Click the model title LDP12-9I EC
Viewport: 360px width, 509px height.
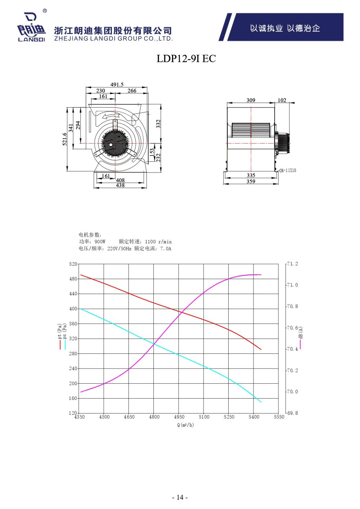[x=186, y=59]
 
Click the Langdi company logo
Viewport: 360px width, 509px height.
[x=32, y=26]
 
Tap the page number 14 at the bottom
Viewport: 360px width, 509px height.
[x=180, y=497]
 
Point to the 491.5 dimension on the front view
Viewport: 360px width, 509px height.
[x=117, y=85]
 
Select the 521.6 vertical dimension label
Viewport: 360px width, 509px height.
[x=65, y=139]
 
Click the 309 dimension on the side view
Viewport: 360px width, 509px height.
[x=251, y=100]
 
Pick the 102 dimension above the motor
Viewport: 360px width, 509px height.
[x=282, y=100]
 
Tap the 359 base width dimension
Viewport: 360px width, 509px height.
[x=251, y=181]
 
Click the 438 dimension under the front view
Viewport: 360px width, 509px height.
[x=120, y=185]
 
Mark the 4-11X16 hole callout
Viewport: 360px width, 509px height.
[x=288, y=170]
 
